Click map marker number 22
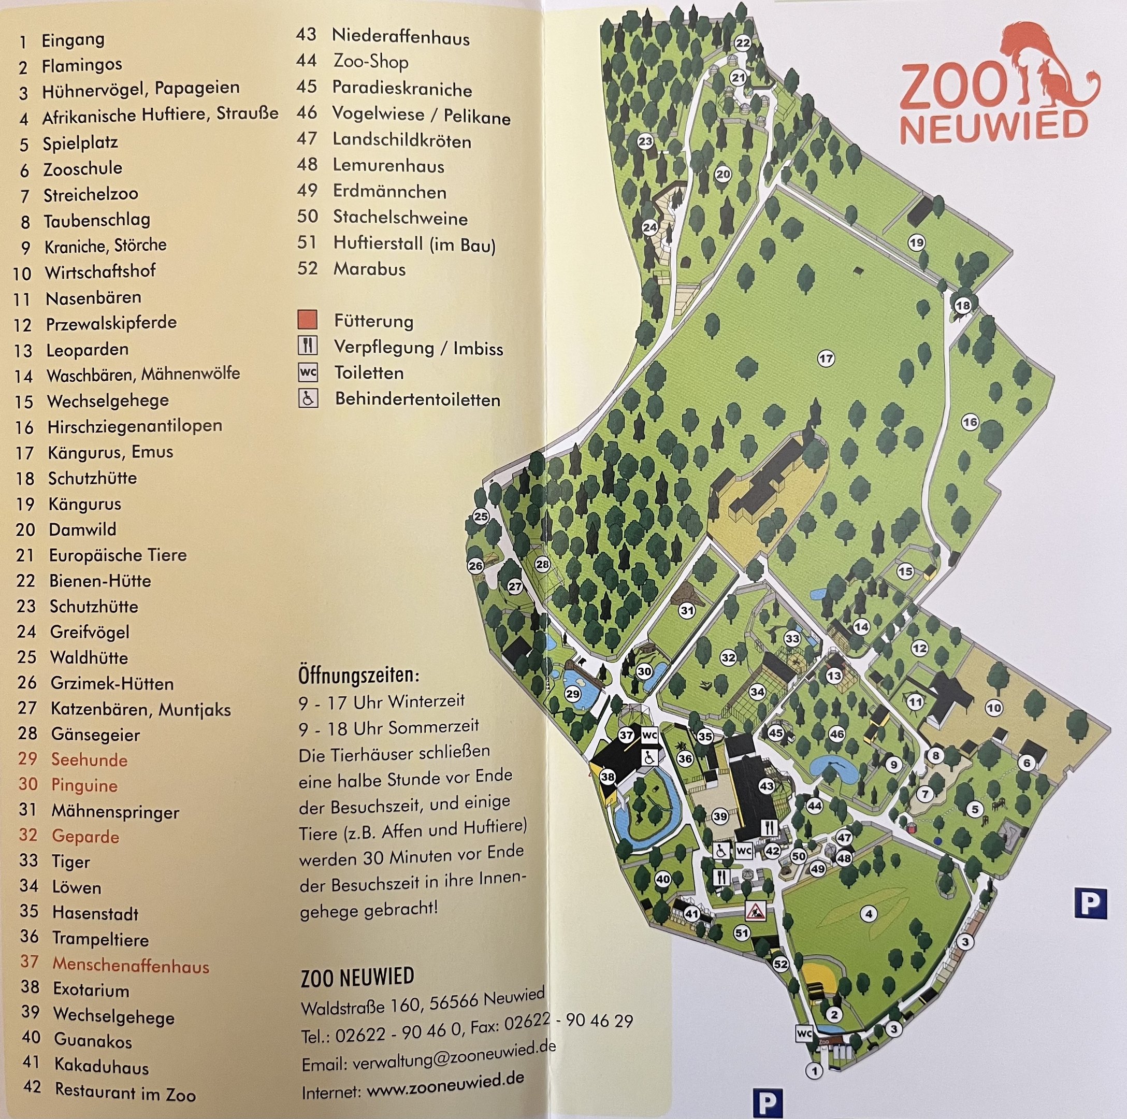(x=742, y=42)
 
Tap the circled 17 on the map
(x=826, y=358)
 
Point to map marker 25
(x=481, y=517)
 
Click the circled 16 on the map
(x=970, y=422)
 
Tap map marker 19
(x=916, y=242)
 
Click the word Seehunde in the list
(x=89, y=759)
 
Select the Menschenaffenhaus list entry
(x=130, y=966)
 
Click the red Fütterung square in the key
(x=308, y=320)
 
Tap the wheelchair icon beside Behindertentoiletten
(x=308, y=399)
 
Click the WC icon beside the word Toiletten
(x=308, y=372)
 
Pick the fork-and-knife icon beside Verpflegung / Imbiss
(x=308, y=346)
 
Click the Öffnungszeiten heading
(x=358, y=676)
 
